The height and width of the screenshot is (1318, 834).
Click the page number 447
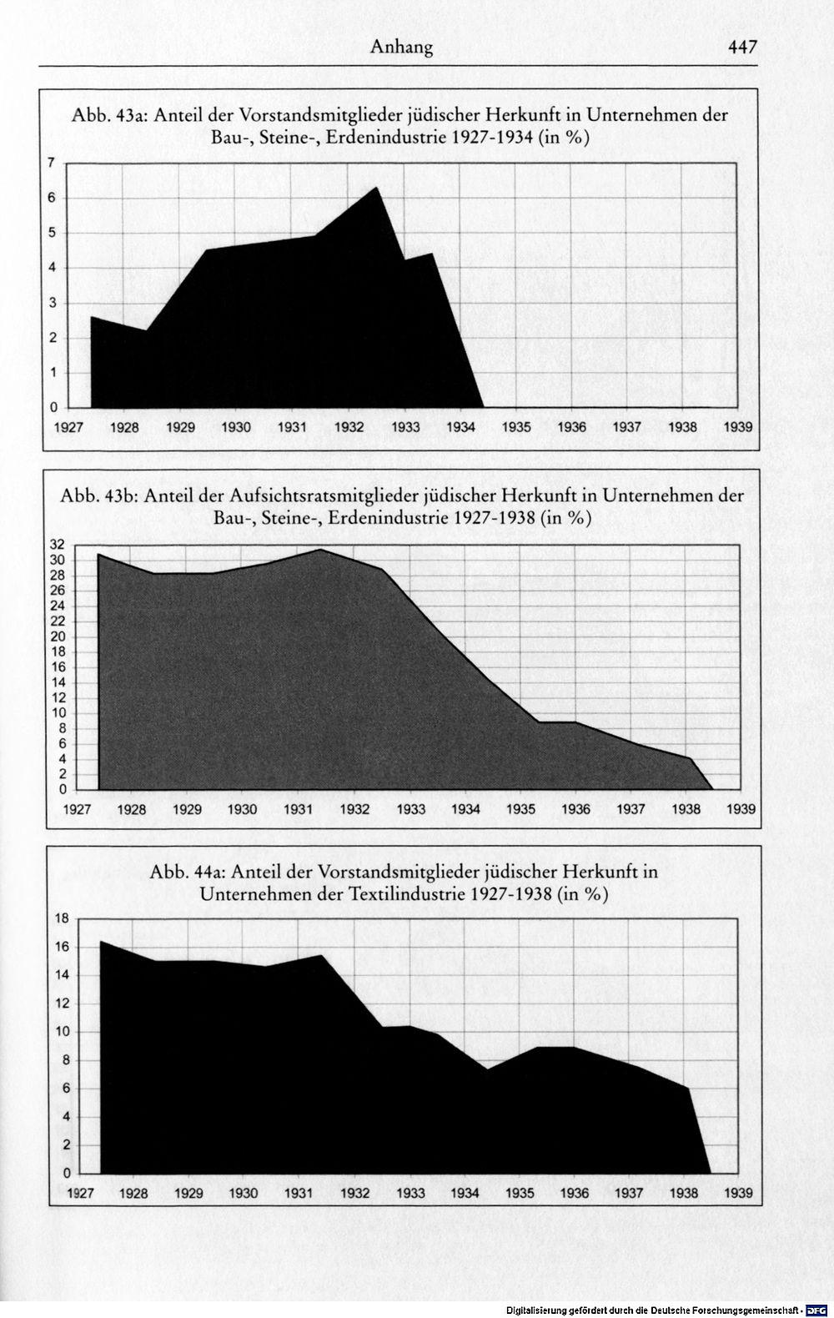pyautogui.click(x=742, y=47)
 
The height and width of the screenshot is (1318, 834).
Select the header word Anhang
pyautogui.click(x=402, y=48)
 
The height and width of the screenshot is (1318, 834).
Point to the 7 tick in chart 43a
pyautogui.click(x=52, y=163)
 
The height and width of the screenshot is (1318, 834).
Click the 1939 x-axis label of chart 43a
pyautogui.click(x=737, y=427)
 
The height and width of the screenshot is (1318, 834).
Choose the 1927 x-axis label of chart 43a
pyautogui.click(x=68, y=427)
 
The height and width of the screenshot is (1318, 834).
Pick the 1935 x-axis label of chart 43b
pyautogui.click(x=520, y=810)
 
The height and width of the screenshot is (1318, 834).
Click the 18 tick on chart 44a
pyautogui.click(x=62, y=918)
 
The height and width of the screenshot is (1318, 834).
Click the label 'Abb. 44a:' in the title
pyautogui.click(x=188, y=872)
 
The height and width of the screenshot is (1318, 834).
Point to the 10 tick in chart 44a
pyautogui.click(x=62, y=1031)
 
